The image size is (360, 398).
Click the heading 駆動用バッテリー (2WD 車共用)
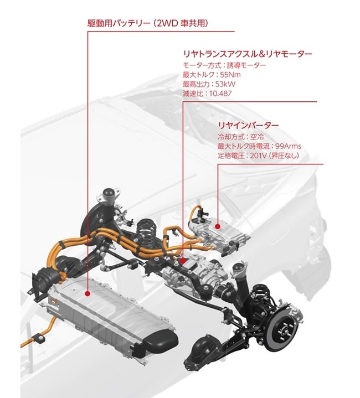pyautogui.click(x=148, y=23)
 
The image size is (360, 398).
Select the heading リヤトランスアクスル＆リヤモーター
pyautogui.click(x=247, y=54)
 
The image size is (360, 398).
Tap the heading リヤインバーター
pyautogui.click(x=248, y=125)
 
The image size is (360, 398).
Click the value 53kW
pyautogui.click(x=225, y=84)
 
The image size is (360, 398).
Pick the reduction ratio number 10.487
pyautogui.click(x=220, y=94)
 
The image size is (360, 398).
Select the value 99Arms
pyautogui.click(x=288, y=146)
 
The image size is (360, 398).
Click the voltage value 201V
pyautogui.click(x=258, y=156)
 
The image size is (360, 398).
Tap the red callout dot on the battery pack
pyautogui.click(x=88, y=294)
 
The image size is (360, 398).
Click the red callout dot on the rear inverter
pyautogui.click(x=217, y=226)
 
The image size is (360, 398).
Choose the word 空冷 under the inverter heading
pyautogui.click(x=257, y=137)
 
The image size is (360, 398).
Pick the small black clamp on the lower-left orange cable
pyautogui.click(x=40, y=339)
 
